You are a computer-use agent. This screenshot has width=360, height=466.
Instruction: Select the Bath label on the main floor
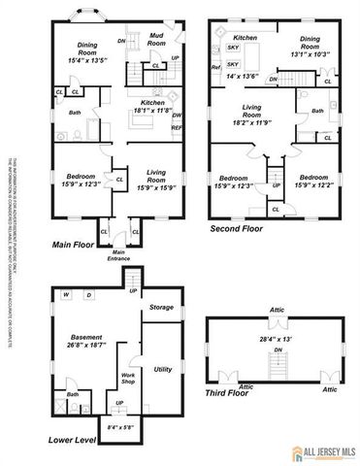tap(75, 112)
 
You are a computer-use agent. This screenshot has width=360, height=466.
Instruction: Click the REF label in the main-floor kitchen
tap(177, 127)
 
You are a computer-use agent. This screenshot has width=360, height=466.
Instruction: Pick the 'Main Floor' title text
tap(74, 246)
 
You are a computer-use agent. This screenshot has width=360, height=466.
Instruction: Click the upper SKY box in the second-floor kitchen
tap(233, 47)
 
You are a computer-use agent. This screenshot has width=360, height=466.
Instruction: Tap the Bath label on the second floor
tap(317, 112)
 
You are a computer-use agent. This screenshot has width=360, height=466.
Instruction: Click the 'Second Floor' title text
tap(238, 230)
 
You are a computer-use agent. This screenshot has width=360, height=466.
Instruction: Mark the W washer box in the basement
tap(66, 294)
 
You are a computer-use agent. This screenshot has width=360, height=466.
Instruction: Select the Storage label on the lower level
tap(161, 307)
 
